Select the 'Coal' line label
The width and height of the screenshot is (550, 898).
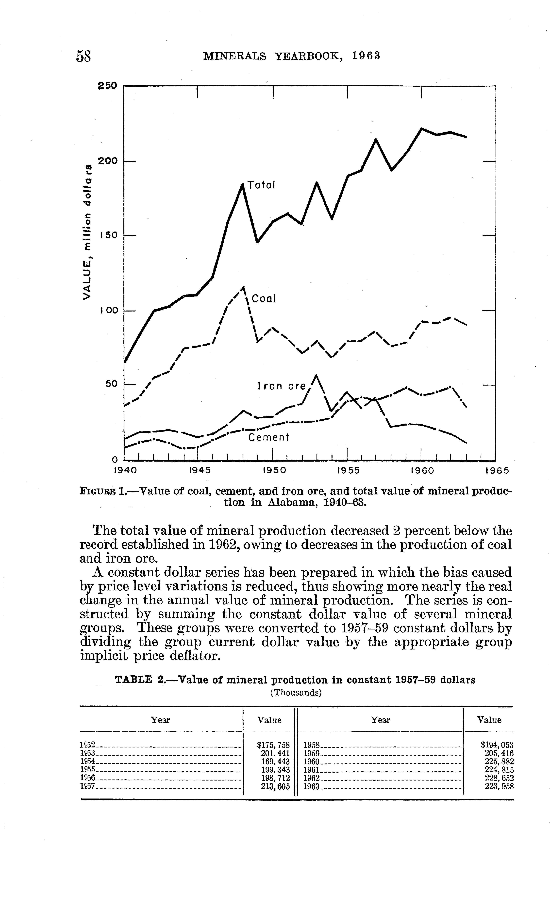tap(264, 299)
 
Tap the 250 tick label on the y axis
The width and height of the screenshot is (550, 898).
tap(108, 86)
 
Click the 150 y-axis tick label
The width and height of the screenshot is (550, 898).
tap(108, 235)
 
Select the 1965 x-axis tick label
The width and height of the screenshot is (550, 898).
tap(497, 470)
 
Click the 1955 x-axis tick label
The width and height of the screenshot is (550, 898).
tap(348, 470)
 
